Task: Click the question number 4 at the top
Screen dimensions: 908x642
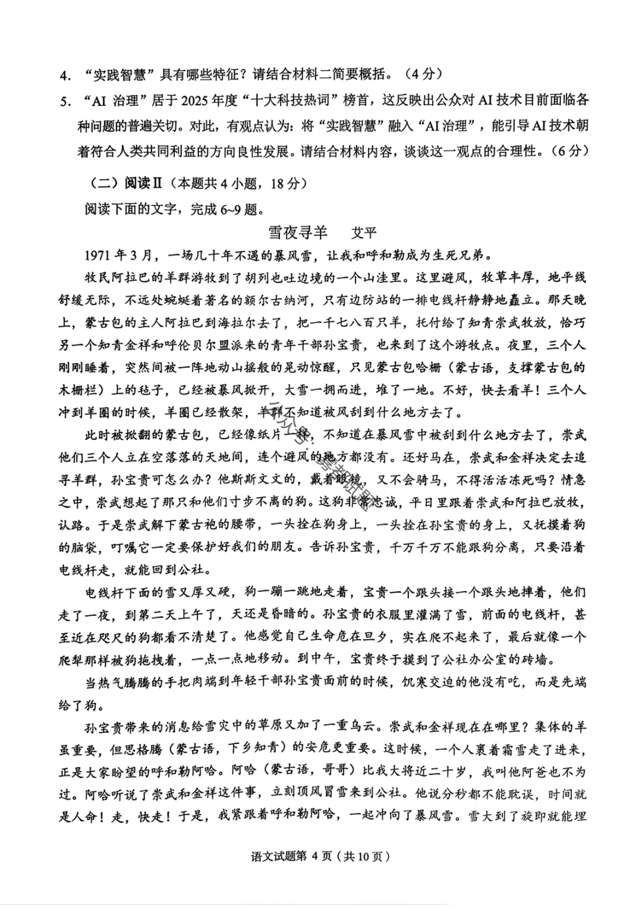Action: (62, 76)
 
